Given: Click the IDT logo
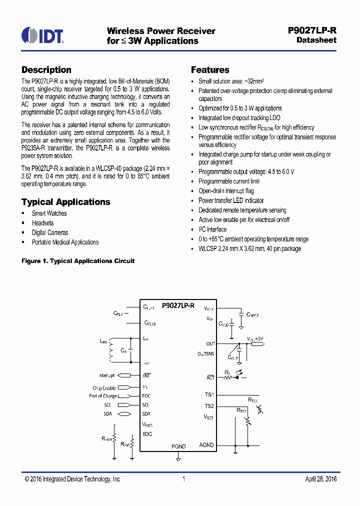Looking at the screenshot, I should [42, 35].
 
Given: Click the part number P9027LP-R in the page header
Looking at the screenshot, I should [312, 30].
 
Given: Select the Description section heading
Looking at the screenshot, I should [46, 70].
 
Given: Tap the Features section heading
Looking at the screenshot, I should [210, 70].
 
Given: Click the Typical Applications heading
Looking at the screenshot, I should [65, 202].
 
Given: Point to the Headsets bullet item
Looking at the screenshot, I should [42, 223].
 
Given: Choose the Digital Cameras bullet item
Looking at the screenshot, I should [50, 232].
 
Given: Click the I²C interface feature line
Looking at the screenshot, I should [212, 229].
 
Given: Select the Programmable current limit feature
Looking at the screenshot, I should [229, 181].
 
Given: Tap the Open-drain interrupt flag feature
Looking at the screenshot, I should [226, 191].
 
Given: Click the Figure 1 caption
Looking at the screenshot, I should [78, 261].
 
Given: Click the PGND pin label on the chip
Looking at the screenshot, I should [178, 446].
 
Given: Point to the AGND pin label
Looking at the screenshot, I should [206, 445].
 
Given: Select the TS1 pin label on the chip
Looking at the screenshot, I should [209, 394].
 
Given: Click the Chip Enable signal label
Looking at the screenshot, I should [104, 388].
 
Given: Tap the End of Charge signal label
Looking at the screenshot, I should [103, 396].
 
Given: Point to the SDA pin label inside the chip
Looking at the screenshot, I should [146, 414].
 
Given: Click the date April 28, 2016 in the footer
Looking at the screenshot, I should [321, 479].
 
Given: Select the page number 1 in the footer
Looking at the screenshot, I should [183, 479].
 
